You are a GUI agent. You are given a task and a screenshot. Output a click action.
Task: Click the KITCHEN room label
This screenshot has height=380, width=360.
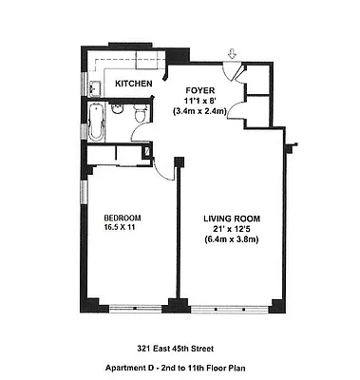coord(133,85)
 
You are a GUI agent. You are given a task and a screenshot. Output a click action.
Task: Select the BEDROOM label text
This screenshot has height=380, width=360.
coord(122,219)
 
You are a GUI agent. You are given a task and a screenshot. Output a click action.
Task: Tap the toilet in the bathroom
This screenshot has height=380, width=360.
coord(140,115)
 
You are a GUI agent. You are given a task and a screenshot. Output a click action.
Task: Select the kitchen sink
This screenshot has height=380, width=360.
coord(95,88)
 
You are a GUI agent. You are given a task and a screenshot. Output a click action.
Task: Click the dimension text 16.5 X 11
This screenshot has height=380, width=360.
coord(122,230)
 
